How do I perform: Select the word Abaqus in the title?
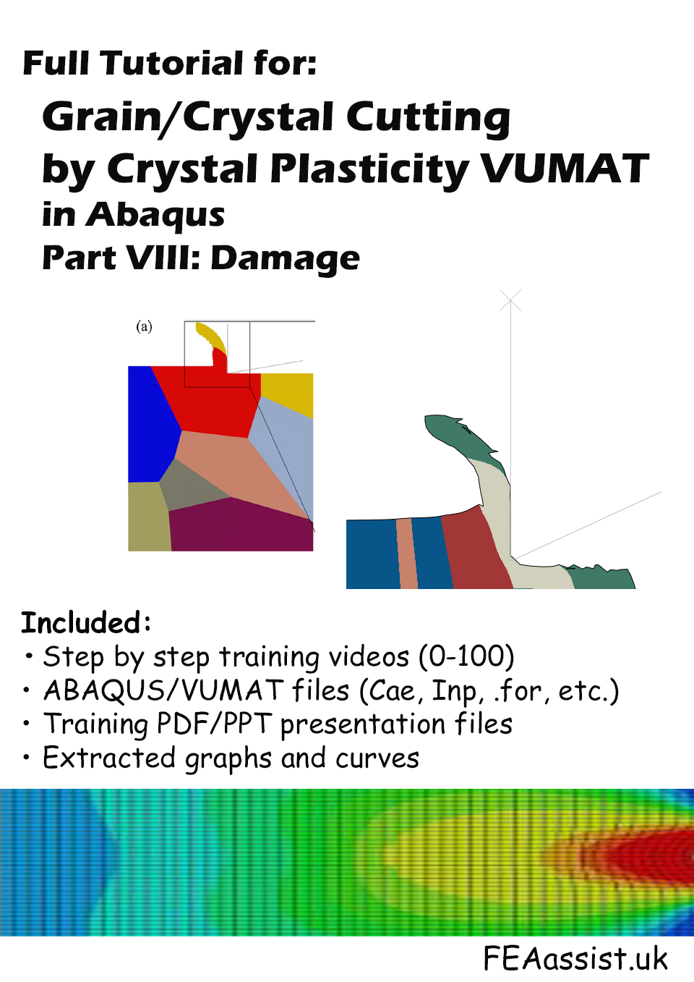pos(155,216)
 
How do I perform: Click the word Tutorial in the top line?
pos(172,63)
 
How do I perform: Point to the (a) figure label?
pos(144,326)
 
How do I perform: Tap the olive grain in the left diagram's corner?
pos(149,517)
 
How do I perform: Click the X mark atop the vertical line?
pos(510,300)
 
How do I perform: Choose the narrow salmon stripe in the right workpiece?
pos(407,554)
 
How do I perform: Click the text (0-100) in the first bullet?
pos(466,657)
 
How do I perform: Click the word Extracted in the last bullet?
pos(109,758)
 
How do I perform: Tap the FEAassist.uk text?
pos(575,957)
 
